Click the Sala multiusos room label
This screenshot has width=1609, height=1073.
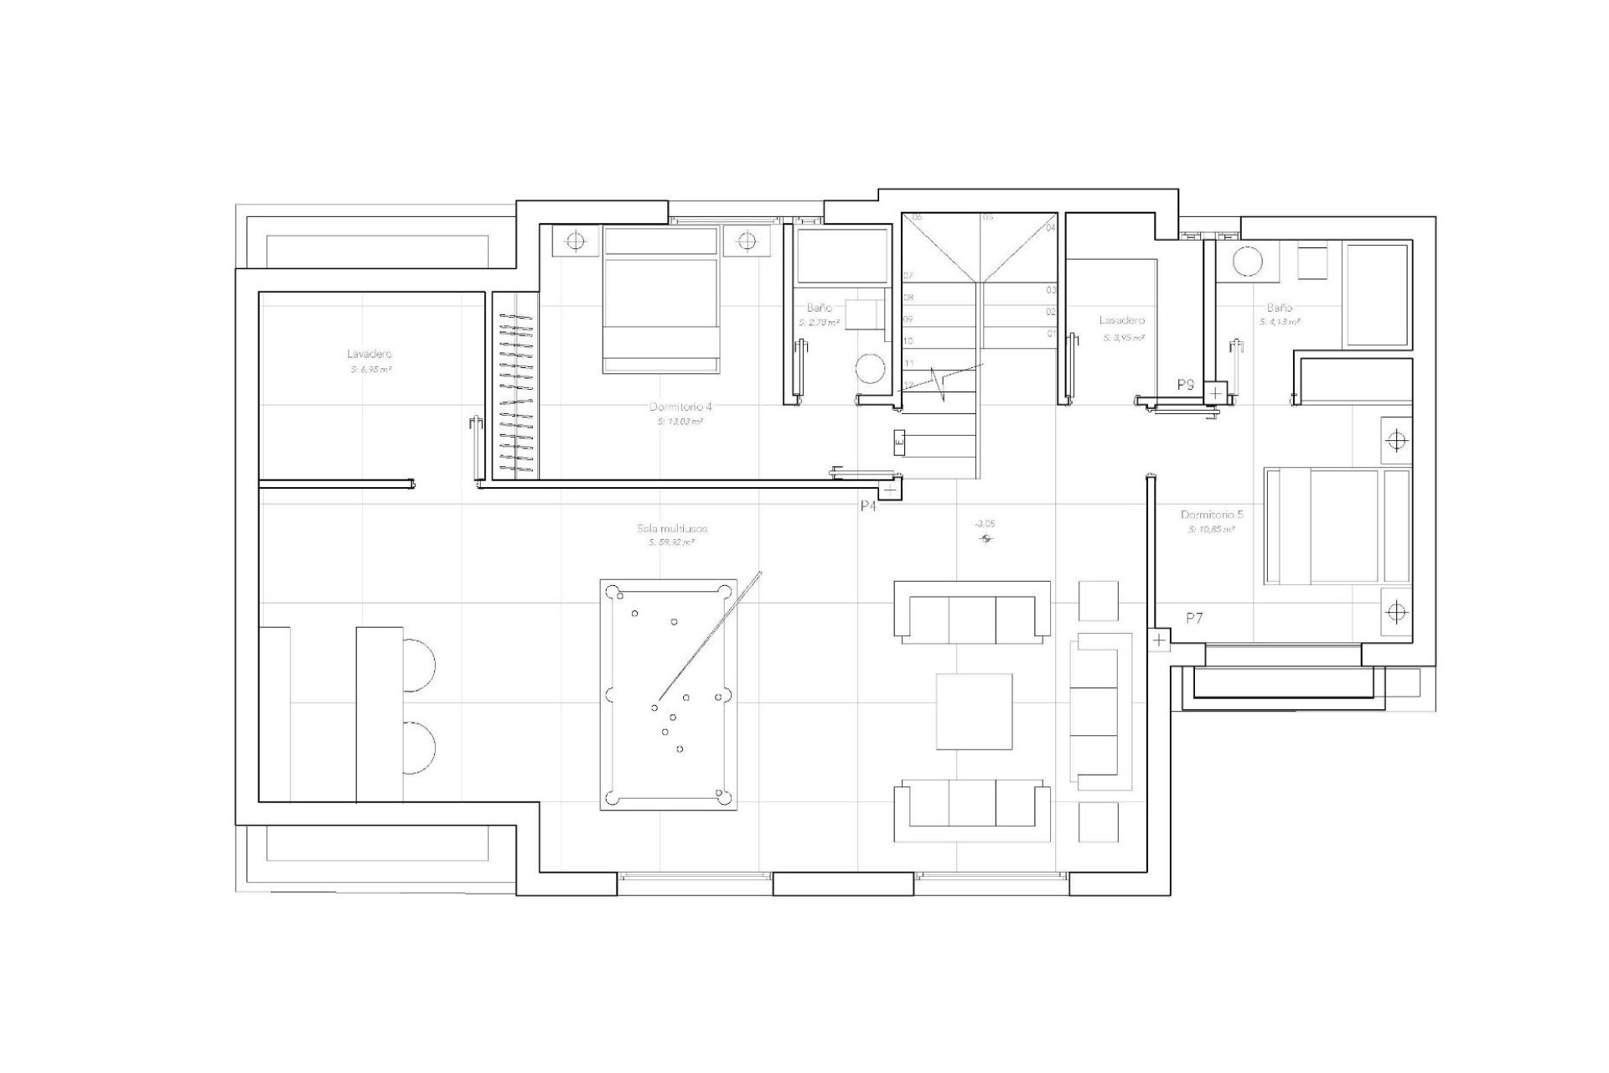point(671,529)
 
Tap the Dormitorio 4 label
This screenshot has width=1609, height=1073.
point(680,407)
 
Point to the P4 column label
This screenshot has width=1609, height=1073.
point(868,506)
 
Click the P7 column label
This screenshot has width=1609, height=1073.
point(1194,618)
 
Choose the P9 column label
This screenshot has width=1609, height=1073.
point(1185,385)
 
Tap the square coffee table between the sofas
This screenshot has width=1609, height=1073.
point(974,711)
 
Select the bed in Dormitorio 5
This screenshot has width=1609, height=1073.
point(1337,526)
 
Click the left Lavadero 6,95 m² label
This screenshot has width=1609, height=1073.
point(370,354)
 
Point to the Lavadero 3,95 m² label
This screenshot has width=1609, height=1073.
point(1121,320)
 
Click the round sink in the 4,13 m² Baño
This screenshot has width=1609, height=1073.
point(1247,262)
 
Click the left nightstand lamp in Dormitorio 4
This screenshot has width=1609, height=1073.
point(575,241)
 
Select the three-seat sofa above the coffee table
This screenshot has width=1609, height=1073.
point(973,613)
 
